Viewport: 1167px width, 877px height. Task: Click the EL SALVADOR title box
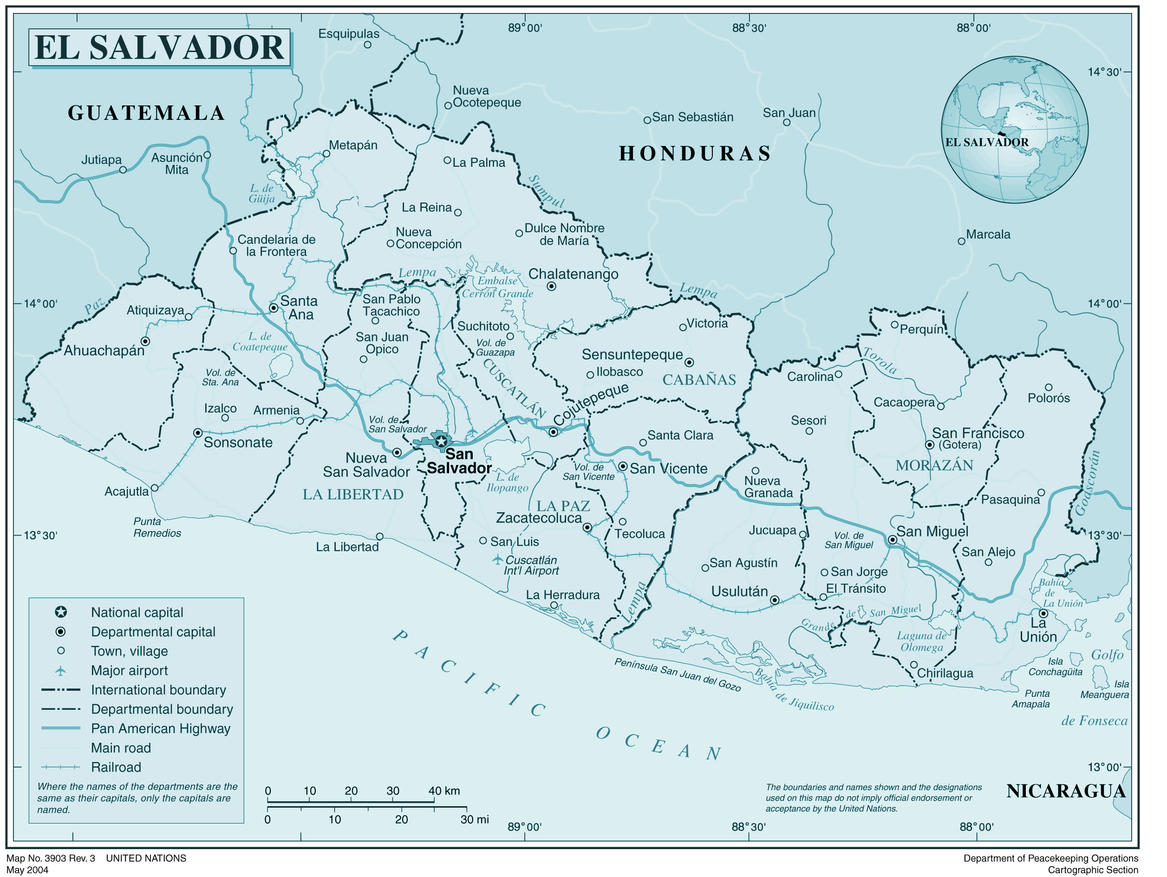tap(159, 47)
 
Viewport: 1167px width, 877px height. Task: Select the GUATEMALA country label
tap(146, 113)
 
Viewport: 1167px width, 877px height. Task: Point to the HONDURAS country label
tap(695, 154)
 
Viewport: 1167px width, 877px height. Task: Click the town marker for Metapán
tap(326, 154)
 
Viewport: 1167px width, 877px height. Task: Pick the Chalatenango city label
tap(573, 274)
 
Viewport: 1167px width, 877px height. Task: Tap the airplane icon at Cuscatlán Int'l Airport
tap(497, 559)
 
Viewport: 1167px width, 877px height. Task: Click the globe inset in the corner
tap(1014, 130)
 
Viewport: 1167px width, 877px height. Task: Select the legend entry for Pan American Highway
tap(160, 729)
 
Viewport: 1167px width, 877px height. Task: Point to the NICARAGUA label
tap(1066, 791)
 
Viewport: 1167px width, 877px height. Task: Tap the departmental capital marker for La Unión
tap(1043, 614)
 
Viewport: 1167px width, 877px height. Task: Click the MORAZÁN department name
tap(934, 465)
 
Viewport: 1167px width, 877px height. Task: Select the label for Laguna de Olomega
tap(921, 641)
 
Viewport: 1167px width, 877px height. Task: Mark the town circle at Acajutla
tap(155, 488)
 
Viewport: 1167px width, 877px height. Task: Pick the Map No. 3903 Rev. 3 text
tap(51, 858)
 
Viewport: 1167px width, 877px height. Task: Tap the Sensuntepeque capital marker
tap(689, 362)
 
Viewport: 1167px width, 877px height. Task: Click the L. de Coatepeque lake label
tap(260, 341)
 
